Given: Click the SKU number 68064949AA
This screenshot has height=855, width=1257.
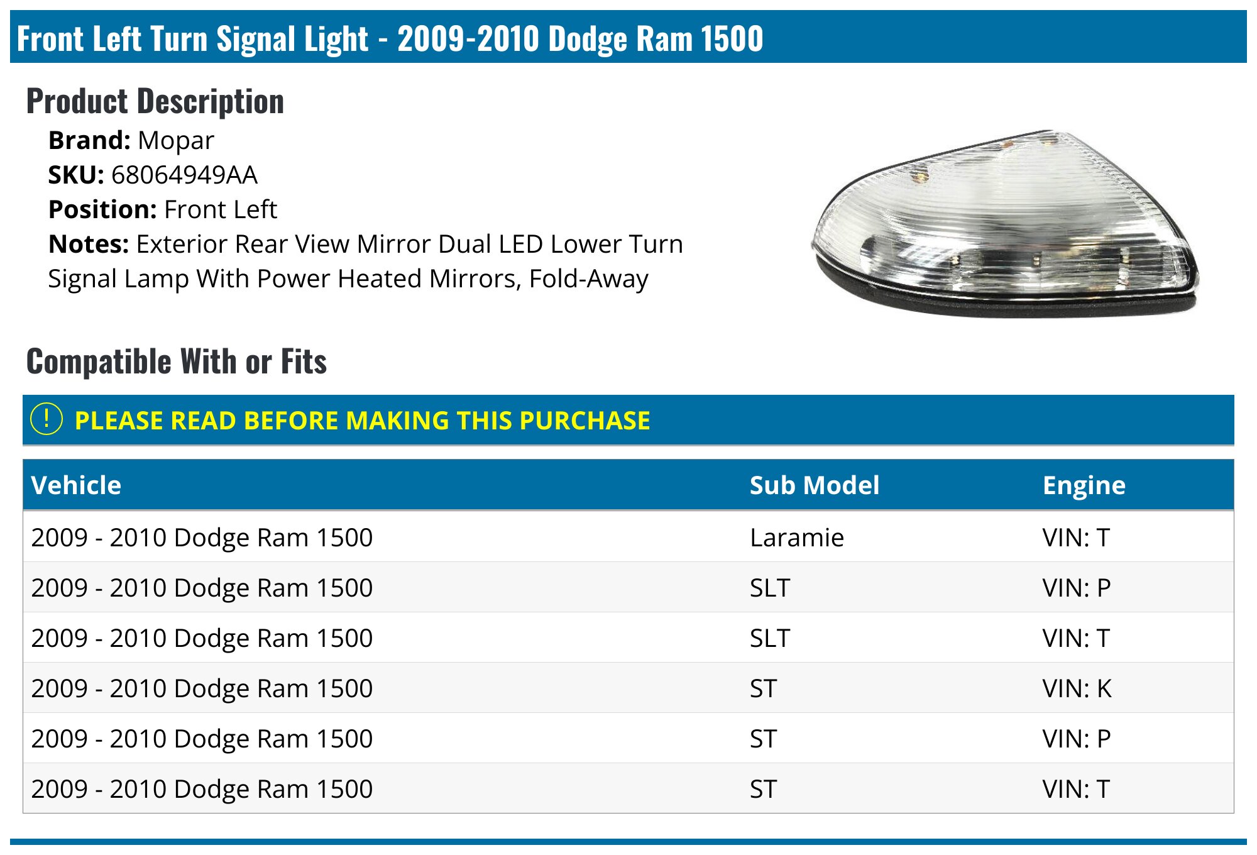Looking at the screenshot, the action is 184,175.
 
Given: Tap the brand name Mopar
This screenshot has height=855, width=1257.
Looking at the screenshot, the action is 176,141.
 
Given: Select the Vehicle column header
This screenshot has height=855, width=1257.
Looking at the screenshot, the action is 76,485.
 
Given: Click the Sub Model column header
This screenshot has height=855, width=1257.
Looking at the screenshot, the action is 815,485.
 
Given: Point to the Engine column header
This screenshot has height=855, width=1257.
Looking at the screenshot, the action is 1084,486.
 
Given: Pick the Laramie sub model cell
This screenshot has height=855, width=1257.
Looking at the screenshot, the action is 797,538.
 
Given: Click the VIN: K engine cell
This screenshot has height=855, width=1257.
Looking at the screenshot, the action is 1077,688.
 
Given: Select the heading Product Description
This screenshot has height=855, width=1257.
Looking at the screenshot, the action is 155,101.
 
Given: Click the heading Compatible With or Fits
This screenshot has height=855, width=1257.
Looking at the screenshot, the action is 177,361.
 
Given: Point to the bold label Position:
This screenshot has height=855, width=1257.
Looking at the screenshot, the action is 102,209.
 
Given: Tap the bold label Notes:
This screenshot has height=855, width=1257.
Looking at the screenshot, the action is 89,244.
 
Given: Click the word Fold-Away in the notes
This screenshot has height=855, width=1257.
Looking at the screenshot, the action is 588,279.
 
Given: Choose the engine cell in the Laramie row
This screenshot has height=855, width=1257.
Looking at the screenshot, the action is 1076,538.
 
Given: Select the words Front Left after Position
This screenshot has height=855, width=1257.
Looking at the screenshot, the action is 220,209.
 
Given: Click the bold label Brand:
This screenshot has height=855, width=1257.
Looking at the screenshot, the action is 89,140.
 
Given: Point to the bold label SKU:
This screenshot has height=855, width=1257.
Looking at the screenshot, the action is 76,175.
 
